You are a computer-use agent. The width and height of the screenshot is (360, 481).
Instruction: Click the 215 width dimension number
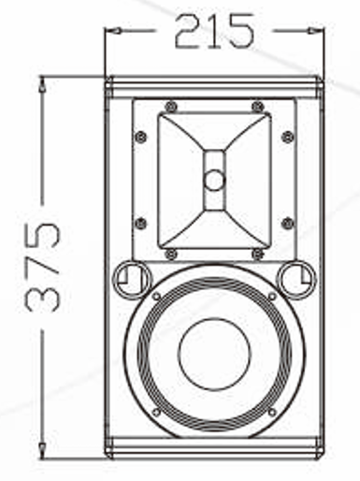(x=214, y=31)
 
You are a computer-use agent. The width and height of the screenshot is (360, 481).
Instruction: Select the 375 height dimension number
(x=42, y=267)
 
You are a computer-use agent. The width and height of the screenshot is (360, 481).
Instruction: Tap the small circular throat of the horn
(x=214, y=179)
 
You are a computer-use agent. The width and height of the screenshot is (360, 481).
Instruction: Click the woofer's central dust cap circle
(x=214, y=353)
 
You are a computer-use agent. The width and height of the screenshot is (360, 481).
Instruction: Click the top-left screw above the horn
(x=169, y=105)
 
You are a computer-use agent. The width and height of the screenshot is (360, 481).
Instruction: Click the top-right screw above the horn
(x=257, y=105)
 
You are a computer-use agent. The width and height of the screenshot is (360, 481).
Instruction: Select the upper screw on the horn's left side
(x=141, y=137)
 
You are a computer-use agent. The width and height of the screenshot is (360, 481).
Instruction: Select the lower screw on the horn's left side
(x=141, y=223)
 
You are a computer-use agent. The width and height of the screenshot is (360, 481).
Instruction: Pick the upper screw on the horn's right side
(x=287, y=137)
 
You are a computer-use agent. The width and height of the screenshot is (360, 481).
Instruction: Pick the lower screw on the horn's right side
(x=287, y=223)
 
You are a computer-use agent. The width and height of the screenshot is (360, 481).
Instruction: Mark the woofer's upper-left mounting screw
(x=157, y=297)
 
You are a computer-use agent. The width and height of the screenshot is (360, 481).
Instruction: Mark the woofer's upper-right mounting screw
(x=271, y=297)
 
